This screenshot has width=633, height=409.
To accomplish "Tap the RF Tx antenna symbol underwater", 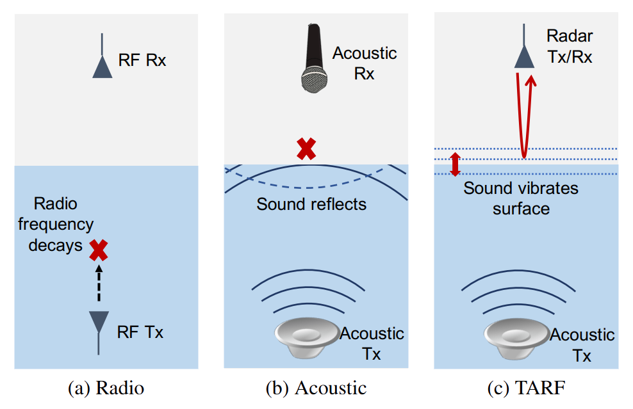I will point(98,323).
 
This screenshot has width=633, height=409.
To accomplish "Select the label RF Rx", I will point(142,61).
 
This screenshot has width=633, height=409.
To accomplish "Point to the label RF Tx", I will point(140,333).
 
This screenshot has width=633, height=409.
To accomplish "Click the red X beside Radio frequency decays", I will point(98,250).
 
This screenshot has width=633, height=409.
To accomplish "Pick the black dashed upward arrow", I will point(98,282).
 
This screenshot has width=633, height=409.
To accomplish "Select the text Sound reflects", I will point(311,204).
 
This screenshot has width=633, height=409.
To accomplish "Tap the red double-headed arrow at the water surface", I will point(456,163).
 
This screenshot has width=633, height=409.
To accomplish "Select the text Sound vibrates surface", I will point(521,198).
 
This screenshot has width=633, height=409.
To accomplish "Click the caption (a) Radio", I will point(106,388).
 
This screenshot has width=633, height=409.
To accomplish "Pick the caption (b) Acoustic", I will point(316,388).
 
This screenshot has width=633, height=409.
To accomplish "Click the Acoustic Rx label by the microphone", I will point(364,63).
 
